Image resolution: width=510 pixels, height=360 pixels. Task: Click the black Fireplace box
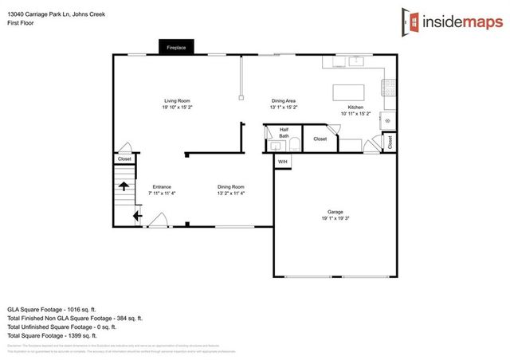176,48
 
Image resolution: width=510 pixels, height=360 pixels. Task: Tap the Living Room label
176,100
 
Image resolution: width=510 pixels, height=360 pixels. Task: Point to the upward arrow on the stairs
124,186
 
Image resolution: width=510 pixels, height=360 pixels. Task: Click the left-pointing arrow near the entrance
136,214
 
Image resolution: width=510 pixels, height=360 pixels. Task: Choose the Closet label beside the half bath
320,139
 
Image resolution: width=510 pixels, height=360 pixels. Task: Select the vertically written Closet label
390,142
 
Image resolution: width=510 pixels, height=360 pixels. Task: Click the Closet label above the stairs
124,158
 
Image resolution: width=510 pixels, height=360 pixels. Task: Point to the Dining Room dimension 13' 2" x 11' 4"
230,193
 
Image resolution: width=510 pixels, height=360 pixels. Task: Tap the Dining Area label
284,100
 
